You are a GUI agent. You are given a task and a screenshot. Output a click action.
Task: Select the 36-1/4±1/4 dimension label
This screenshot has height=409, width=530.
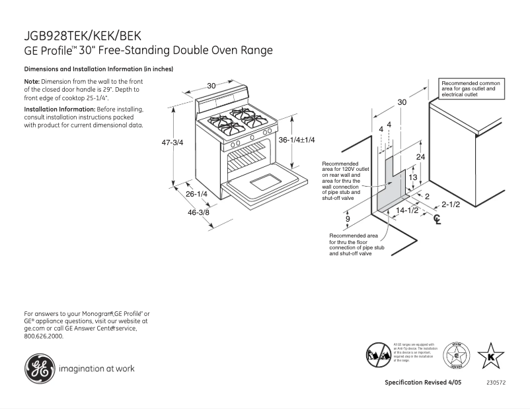coord(297,140)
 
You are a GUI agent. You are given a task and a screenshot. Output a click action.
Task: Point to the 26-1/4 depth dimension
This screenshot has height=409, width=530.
coord(196,194)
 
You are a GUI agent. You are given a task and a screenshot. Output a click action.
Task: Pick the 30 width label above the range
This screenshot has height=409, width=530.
coord(211,86)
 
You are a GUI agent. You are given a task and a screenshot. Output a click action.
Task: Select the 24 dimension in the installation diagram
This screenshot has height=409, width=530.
coord(420,156)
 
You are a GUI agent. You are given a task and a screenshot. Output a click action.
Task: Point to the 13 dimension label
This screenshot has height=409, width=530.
coord(412,177)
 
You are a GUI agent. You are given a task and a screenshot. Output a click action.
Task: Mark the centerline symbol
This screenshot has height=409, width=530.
coord(436,220)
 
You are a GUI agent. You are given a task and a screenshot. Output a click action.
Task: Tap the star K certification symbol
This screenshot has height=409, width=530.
coord(490,357)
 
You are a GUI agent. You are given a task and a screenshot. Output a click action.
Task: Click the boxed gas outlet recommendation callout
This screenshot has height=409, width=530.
coord(471,88)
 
